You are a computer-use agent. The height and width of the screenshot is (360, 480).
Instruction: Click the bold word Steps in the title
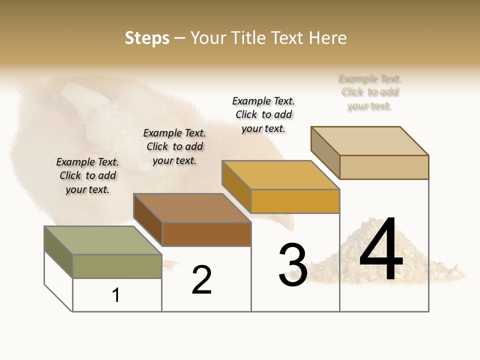coord(147,38)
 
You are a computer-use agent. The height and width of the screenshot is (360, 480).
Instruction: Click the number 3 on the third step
coord(293,265)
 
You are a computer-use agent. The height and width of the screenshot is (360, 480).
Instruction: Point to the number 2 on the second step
coord(202,279)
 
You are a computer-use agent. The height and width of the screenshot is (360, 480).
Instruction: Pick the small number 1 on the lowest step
coord(116,295)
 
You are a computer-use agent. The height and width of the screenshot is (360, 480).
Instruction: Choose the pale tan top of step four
coord(369,141)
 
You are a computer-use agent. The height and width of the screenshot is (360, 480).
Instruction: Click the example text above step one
coord(87,175)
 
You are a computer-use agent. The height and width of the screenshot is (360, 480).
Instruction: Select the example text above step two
coord(174,146)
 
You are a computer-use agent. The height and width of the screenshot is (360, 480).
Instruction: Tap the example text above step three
coord(263,114)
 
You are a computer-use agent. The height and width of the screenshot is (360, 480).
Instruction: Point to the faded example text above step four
coord(370,92)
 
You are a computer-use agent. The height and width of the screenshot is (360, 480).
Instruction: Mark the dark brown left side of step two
coord(148,219)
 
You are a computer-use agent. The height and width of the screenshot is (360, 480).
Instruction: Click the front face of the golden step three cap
coord(295,201)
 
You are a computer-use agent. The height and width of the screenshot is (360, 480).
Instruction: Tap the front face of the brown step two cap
coord(206,234)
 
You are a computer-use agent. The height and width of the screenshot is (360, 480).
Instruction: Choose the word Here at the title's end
coord(328,38)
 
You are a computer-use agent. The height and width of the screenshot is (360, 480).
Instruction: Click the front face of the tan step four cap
coord(384,167)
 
